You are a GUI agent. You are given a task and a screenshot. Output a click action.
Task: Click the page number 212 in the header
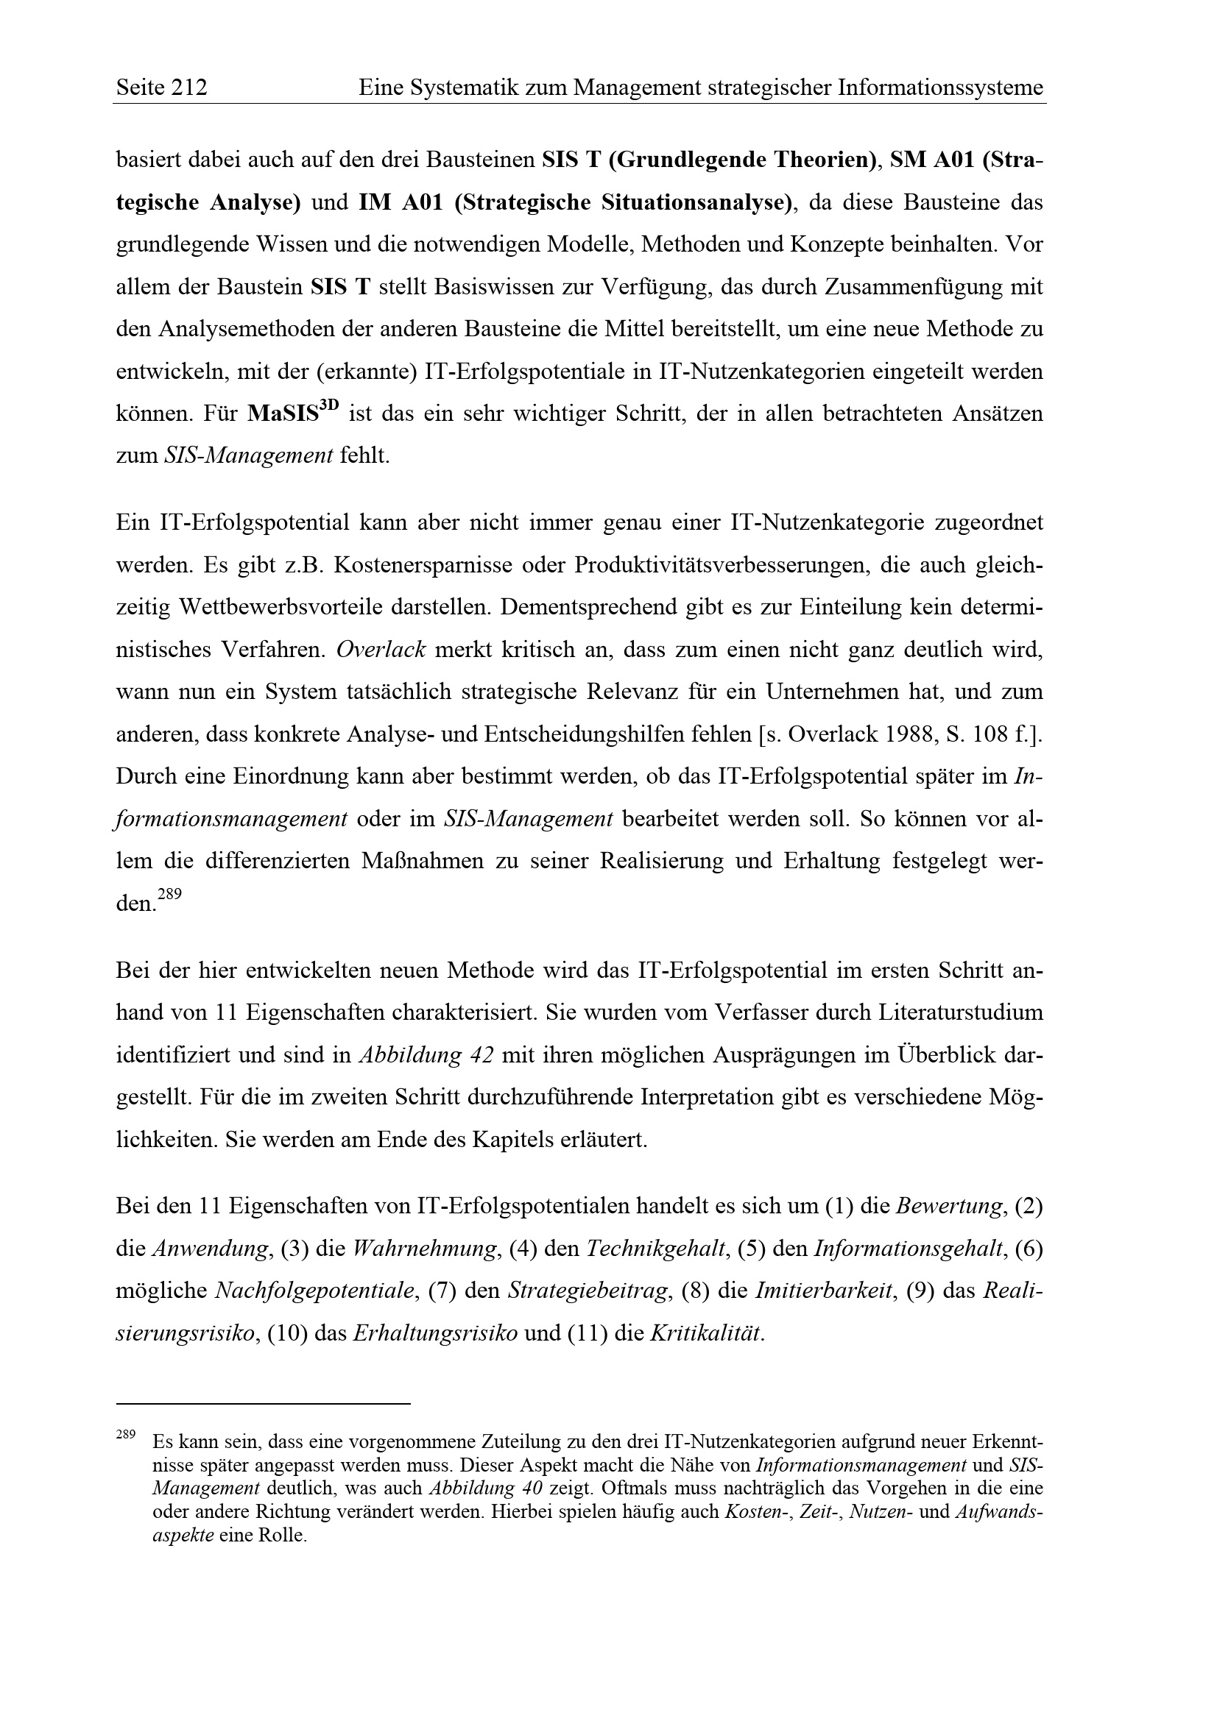pyautogui.click(x=189, y=88)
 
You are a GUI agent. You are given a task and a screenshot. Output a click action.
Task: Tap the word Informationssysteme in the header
pyautogui.click(x=940, y=88)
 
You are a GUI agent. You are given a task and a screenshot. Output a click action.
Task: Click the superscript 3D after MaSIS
pyautogui.click(x=329, y=407)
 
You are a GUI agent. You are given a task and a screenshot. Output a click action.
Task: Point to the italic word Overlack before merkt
pyautogui.click(x=381, y=649)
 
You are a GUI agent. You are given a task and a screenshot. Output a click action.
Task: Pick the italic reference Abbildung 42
pyautogui.click(x=426, y=1055)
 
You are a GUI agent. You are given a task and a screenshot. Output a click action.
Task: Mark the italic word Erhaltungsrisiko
pyautogui.click(x=435, y=1333)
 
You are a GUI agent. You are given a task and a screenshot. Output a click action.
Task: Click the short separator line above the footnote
pyautogui.click(x=263, y=1402)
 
